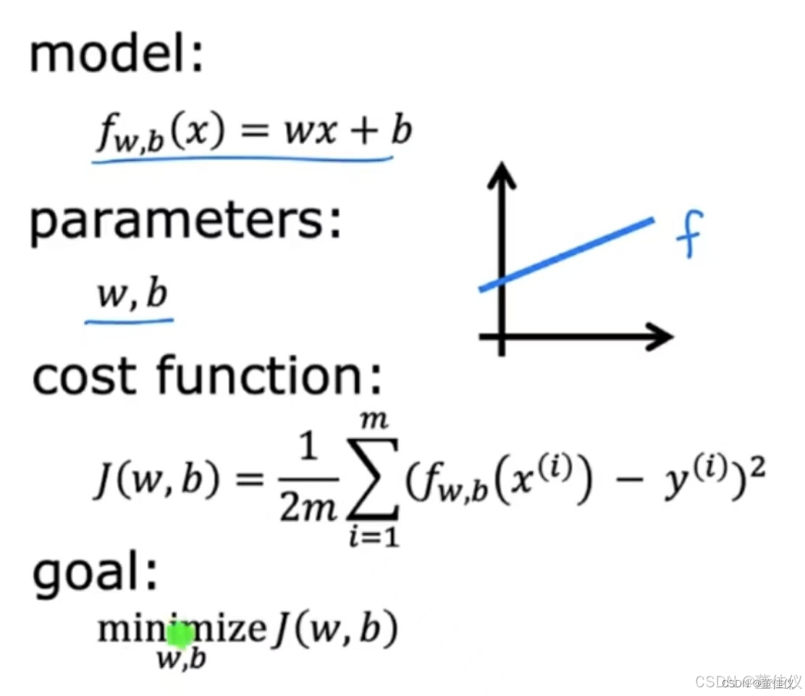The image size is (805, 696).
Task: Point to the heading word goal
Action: (93, 576)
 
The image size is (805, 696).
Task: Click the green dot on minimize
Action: (180, 635)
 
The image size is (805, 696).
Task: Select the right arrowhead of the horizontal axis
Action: (661, 336)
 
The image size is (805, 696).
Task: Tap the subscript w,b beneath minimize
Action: (181, 660)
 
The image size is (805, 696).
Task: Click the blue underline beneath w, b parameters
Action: (129, 319)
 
